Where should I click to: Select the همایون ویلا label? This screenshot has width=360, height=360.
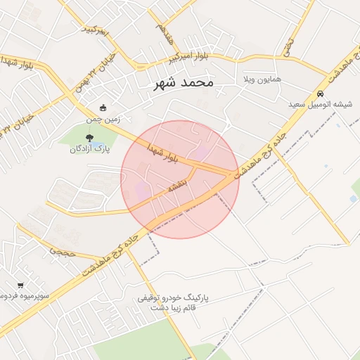pos(262,79)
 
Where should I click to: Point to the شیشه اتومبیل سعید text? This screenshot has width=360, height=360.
pos(321,104)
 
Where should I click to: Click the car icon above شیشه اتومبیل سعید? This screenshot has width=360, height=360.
pos(321,94)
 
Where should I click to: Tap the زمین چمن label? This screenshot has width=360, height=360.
pos(99,120)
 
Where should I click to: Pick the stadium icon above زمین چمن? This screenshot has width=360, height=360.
pos(103,108)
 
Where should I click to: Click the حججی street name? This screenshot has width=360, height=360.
pos(62,250)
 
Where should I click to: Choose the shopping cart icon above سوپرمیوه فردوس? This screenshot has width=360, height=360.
pos(21,285)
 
